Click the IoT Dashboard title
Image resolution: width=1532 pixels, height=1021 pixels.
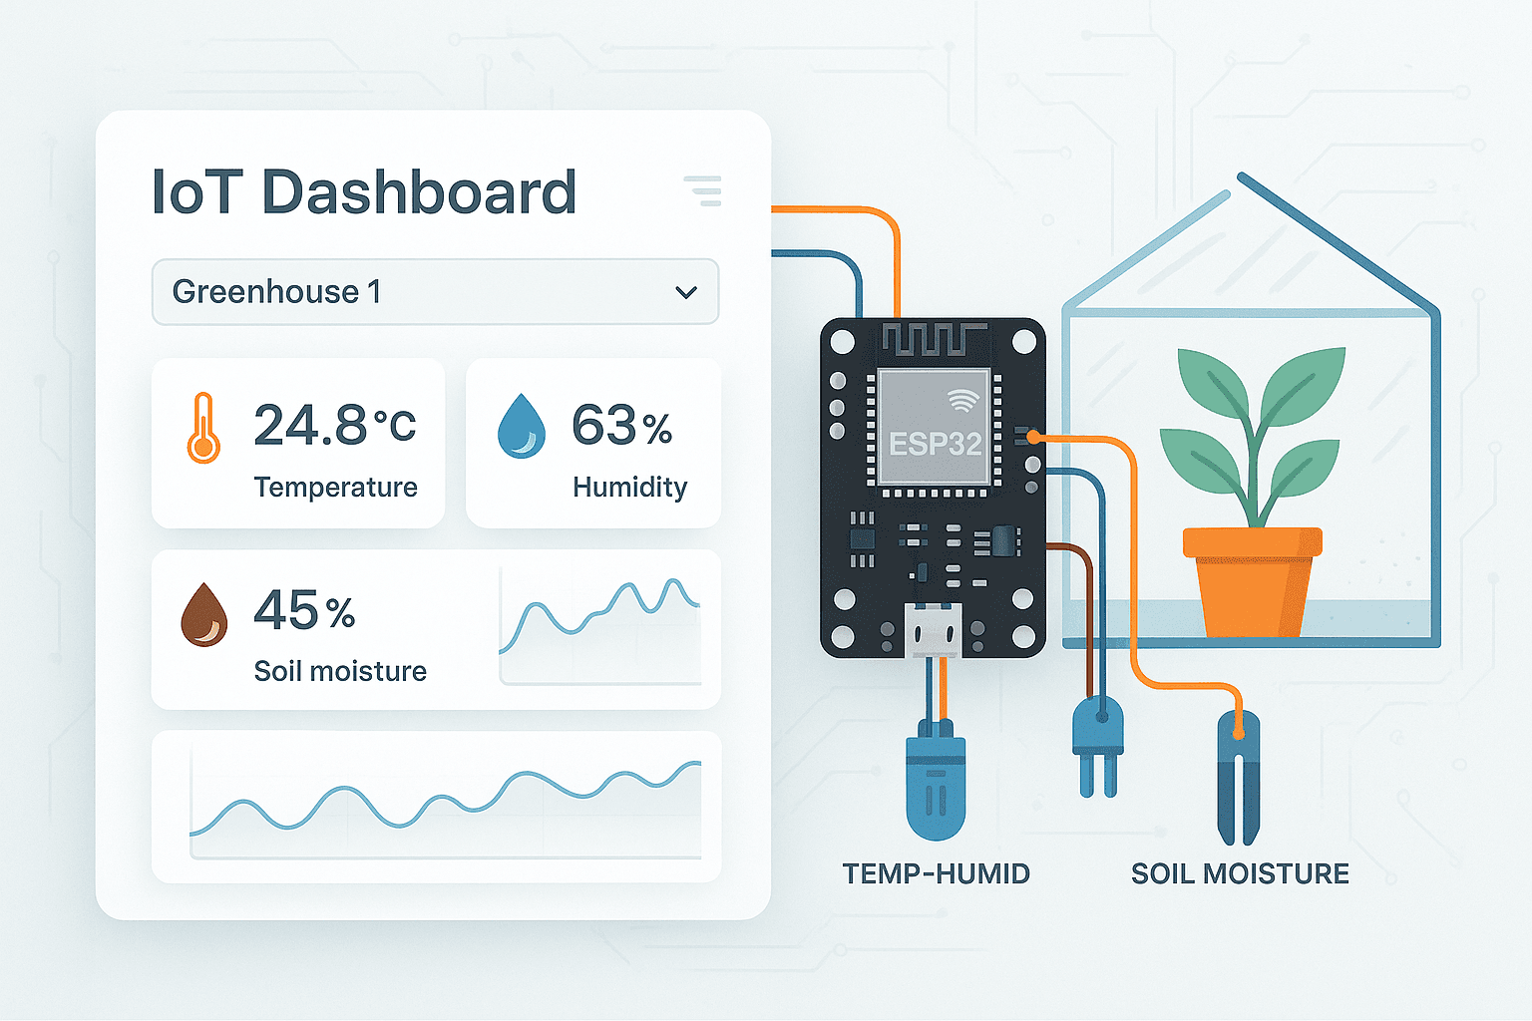click(364, 191)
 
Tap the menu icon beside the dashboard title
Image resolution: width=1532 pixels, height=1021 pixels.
click(703, 190)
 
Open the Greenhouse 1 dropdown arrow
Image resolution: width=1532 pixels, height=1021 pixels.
click(686, 292)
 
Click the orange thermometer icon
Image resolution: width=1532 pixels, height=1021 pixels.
click(203, 429)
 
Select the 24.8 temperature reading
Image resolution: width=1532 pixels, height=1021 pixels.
click(310, 426)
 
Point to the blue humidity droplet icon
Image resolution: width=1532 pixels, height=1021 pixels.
click(522, 426)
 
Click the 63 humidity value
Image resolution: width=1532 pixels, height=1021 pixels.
click(604, 426)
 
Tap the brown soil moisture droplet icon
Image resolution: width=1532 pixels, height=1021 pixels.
click(204, 615)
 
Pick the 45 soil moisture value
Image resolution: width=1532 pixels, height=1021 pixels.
click(285, 610)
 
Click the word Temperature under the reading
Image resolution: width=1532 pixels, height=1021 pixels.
click(335, 487)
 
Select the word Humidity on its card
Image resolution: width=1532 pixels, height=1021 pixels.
click(629, 487)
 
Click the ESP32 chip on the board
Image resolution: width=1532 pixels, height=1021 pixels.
click(935, 429)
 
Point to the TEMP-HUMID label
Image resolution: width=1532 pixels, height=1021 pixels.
click(936, 873)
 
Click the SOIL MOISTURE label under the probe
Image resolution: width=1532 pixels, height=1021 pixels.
click(1240, 873)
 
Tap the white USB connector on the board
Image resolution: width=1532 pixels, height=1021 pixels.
click(934, 630)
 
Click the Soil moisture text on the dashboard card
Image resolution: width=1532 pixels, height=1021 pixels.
click(340, 671)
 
